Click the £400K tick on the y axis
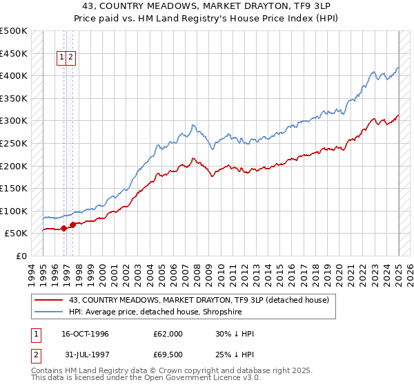tap(14, 75)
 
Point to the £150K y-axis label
tap(14, 188)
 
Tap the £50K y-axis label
tap(17, 234)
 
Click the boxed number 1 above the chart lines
tap(62, 57)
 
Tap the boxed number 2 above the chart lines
tap(71, 57)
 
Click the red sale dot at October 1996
tap(63, 227)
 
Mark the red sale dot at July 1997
tap(72, 224)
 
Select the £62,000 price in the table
tap(168, 334)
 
